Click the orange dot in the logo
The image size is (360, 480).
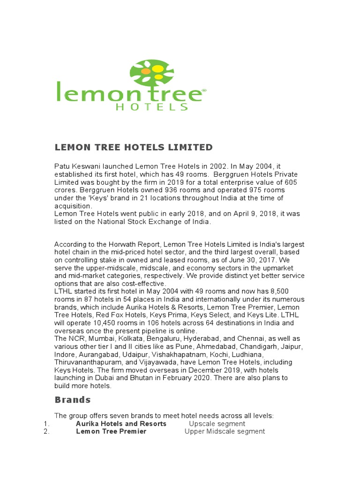pos(146,71)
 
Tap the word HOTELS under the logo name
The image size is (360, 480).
pos(152,106)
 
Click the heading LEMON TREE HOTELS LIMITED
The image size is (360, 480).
pos(134,148)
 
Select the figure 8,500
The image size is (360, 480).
pos(282,292)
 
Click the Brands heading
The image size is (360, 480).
pos(73,400)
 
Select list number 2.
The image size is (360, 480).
pos(46,431)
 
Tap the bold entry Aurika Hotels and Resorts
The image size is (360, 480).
pos(121,424)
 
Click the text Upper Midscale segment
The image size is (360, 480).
pos(225,431)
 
